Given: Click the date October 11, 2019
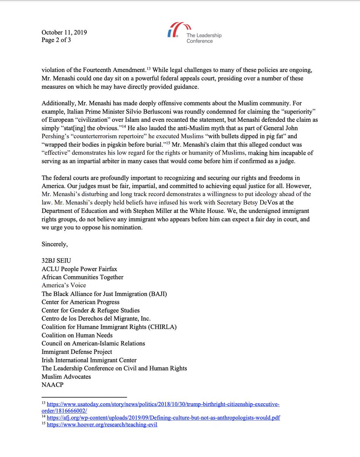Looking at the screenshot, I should pos(64,32).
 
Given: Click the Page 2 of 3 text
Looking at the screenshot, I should pos(56,40).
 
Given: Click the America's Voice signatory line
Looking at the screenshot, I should pos(64,285).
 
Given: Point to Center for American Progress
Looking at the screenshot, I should pos(81,302).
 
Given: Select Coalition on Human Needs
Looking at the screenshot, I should pos(77,335).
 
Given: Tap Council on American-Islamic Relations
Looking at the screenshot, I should pos(93,344).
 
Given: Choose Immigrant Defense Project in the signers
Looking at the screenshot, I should pos(77,352).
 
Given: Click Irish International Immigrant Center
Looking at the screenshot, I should pos(89,360).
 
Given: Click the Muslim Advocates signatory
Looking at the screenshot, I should pos(66,377).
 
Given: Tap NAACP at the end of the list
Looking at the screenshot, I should pos(53,385).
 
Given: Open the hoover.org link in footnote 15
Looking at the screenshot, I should pos(102,425).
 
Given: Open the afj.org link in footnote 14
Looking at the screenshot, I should pos(163,418).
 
